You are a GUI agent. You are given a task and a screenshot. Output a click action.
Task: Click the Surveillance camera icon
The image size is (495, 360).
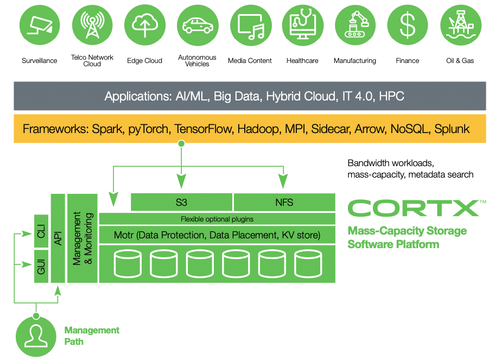coord(40,25)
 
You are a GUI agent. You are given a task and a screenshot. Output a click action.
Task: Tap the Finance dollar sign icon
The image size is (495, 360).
coord(407,25)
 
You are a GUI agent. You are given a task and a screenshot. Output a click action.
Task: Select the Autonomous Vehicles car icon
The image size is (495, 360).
coord(198,25)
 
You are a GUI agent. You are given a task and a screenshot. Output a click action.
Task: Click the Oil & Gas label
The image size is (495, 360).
coord(460,61)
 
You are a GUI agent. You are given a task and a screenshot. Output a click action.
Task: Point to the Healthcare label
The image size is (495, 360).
coord(302,61)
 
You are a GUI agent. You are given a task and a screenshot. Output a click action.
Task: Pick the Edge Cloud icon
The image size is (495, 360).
coord(145,25)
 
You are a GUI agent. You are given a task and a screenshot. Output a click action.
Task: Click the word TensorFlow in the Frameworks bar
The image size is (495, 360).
coord(204,129)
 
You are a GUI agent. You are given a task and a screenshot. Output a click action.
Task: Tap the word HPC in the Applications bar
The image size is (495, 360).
coord(391,96)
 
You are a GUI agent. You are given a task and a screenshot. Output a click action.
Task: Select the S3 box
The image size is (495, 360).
coord(181,202)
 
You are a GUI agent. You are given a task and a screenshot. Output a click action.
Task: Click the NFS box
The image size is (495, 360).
coord(284,202)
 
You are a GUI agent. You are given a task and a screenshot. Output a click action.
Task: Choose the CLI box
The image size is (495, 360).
coord(41,231)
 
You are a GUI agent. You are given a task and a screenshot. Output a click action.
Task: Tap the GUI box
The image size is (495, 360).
coord(41,266)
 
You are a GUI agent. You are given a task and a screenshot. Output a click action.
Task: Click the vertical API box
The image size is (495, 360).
coord(58,238)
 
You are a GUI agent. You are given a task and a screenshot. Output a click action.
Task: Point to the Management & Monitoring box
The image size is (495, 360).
coord(82,238)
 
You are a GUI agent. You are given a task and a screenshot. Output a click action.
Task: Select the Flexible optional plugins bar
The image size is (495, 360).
coord(217,219)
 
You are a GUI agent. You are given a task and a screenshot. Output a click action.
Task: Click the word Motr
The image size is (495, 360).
coord(124,235)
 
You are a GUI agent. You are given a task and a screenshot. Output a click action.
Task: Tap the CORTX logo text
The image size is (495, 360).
coord(414,208)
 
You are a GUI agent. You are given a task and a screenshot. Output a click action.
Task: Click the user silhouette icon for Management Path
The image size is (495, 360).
coord(36,337)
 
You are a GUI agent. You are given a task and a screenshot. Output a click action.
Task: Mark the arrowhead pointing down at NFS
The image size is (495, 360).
coord(283,181)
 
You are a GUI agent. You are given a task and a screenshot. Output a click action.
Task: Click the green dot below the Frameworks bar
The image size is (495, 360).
coord(181,144)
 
